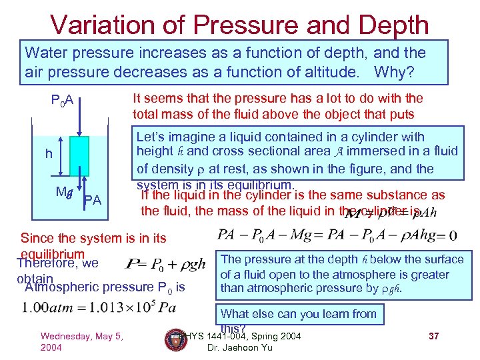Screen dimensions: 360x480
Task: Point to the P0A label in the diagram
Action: point(66,102)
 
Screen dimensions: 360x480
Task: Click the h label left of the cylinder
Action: point(49,154)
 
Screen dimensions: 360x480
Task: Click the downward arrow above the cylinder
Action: point(79,117)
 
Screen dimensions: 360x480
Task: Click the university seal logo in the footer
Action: point(175,340)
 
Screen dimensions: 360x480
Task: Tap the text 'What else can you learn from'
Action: point(298,313)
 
